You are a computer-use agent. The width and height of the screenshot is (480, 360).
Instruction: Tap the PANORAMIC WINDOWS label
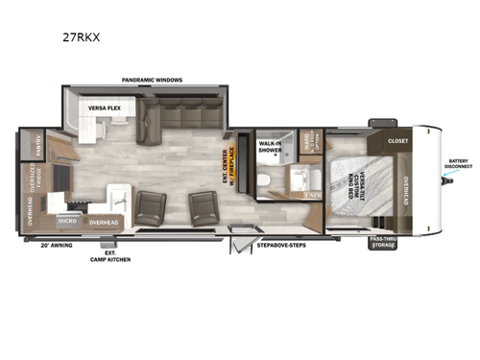coord(152,80)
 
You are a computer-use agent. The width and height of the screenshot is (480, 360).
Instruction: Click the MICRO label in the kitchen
coord(66,220)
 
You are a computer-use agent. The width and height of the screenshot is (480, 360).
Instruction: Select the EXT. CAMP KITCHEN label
coord(110,256)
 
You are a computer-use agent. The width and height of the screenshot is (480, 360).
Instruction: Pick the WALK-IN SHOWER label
coord(270,148)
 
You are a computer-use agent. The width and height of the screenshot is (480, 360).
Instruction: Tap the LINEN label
coord(312,195)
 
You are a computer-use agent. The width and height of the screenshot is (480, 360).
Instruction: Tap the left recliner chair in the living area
coord(152,206)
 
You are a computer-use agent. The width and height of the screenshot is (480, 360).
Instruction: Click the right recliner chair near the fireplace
coord(203,206)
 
